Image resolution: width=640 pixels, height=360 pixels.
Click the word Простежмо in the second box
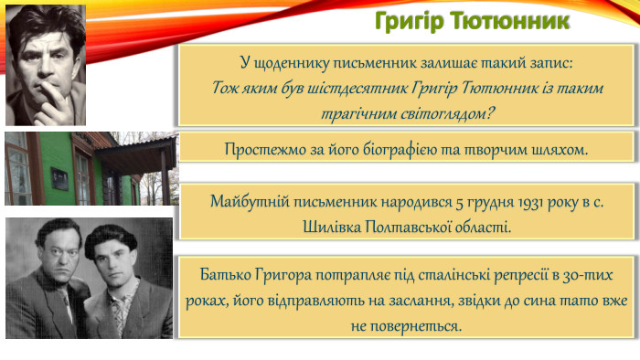[x=262, y=148]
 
